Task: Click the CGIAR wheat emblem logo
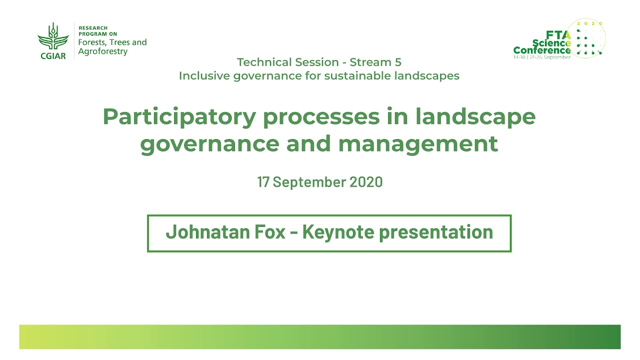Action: tap(53, 36)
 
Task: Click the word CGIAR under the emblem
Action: tap(53, 56)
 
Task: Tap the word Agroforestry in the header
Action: tap(103, 51)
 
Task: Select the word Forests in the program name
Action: tap(92, 42)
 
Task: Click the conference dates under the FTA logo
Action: tap(542, 57)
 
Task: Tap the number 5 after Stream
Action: tap(398, 62)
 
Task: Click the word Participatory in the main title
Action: tap(179, 117)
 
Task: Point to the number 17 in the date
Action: tap(263, 181)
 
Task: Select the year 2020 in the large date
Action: tap(366, 181)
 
